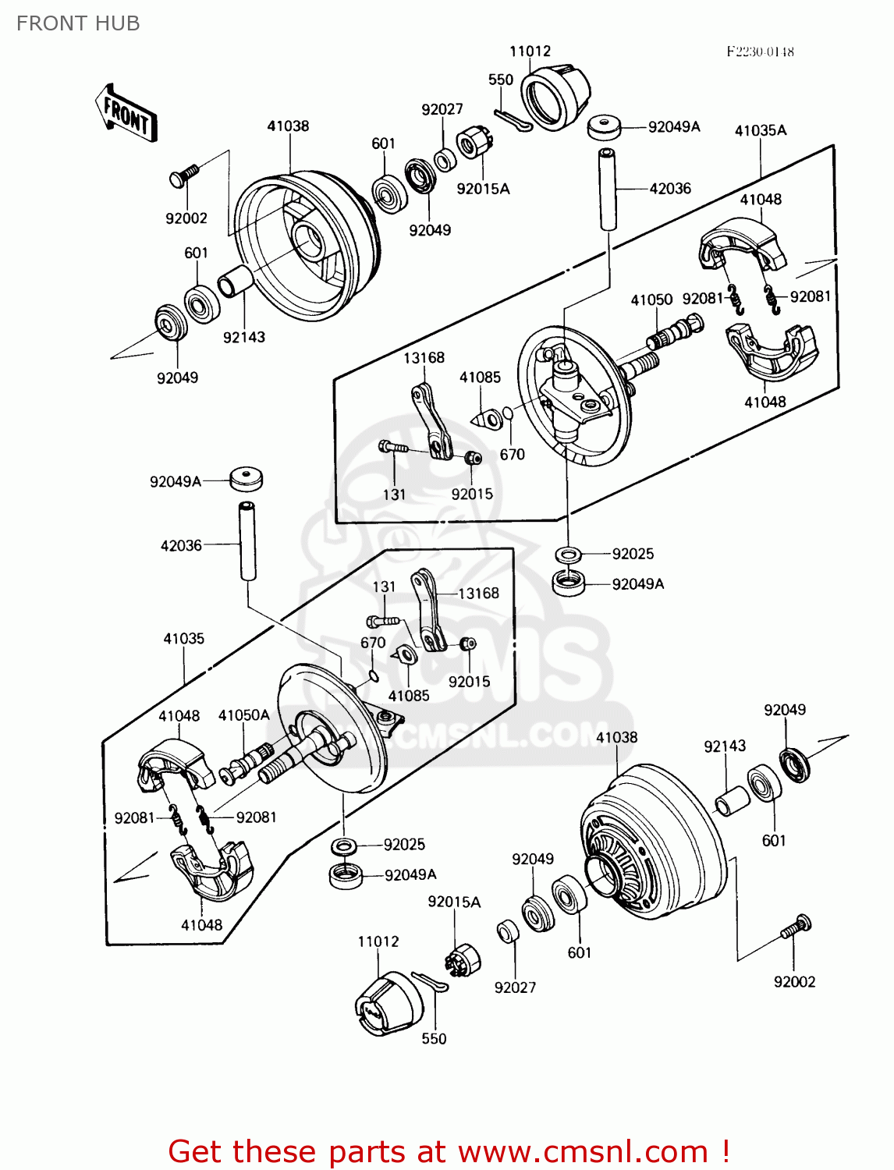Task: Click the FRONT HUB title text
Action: click(78, 23)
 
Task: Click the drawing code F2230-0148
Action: click(760, 51)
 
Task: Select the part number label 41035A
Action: click(761, 130)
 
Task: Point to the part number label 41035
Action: click(183, 638)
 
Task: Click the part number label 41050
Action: click(651, 300)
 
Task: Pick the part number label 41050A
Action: click(243, 715)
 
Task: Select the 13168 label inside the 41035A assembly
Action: click(424, 357)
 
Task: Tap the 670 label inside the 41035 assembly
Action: click(373, 642)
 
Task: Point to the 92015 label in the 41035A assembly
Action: click(472, 494)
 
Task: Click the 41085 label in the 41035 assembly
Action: click(409, 695)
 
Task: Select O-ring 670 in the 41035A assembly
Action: click(507, 413)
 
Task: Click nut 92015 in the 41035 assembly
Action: click(467, 644)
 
